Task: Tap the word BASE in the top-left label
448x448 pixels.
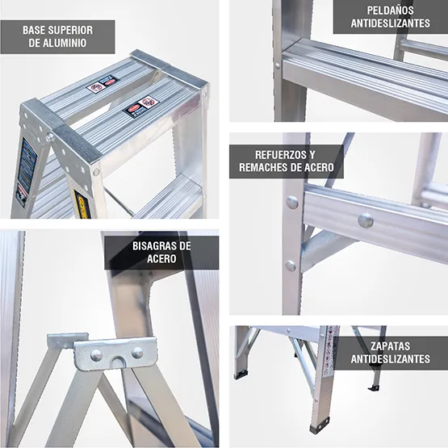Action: (x=36, y=30)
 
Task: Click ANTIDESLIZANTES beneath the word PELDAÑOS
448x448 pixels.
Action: (x=390, y=23)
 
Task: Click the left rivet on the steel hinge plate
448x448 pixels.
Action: (x=96, y=354)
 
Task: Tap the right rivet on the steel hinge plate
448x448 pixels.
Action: (x=137, y=352)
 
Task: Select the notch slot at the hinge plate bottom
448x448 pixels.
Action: (x=118, y=362)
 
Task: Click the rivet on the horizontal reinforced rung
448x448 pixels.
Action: (x=366, y=219)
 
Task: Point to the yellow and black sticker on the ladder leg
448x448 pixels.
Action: (x=81, y=202)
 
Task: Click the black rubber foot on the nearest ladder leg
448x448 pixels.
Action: (x=320, y=425)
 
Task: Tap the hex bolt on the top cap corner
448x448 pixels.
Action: (x=51, y=137)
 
